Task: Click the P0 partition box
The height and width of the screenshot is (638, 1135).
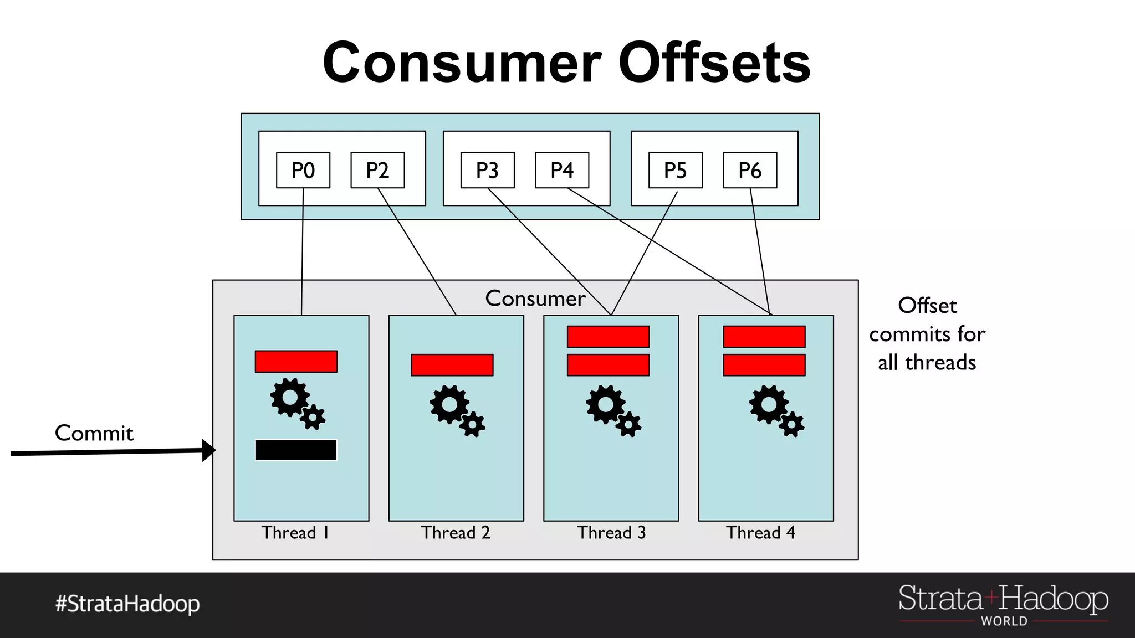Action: coord(303,170)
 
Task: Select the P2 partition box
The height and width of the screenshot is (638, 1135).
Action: coord(377,170)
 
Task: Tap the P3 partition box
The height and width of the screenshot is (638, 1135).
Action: coord(487,170)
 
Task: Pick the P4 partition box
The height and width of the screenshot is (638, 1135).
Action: coord(561,170)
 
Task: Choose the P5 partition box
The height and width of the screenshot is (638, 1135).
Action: coord(675,170)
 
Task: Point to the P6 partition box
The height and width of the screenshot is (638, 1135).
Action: coord(750,170)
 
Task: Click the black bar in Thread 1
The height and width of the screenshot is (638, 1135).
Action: coord(296,450)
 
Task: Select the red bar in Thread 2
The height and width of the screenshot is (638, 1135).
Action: coord(452,365)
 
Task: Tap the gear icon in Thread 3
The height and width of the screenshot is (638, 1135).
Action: coord(613,410)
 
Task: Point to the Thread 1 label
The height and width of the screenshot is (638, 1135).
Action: coord(295,533)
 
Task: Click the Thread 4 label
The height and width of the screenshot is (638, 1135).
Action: coord(760,533)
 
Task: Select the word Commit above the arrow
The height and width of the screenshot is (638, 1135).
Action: coord(94,433)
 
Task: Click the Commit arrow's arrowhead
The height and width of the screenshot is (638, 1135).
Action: coord(209,450)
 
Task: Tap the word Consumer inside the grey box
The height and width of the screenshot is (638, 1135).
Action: coord(535,299)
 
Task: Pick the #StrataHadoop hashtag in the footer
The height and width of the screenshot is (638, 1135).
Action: coord(127,604)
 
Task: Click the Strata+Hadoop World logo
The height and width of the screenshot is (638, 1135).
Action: coord(1003,605)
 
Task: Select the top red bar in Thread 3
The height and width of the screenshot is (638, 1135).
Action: coord(608,337)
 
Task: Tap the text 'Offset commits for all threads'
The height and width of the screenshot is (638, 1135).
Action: coord(927,334)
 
